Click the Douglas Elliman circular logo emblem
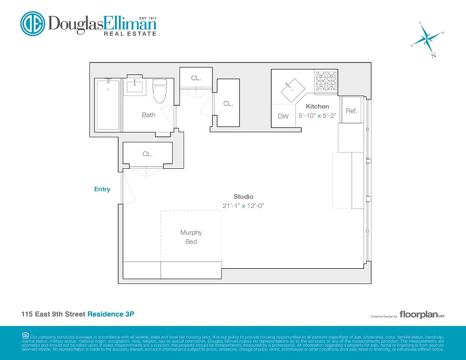coord(32,23)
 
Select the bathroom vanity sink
coord(135,85)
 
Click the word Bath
coord(148,115)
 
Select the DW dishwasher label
coord(283,117)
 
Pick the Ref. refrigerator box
coord(351,111)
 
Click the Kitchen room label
coord(317,107)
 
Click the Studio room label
coord(243,197)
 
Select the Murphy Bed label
coord(191,237)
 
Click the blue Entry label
coord(102,189)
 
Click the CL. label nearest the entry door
coord(148,154)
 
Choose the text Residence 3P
coord(111,314)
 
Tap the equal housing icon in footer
coord(25,335)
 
